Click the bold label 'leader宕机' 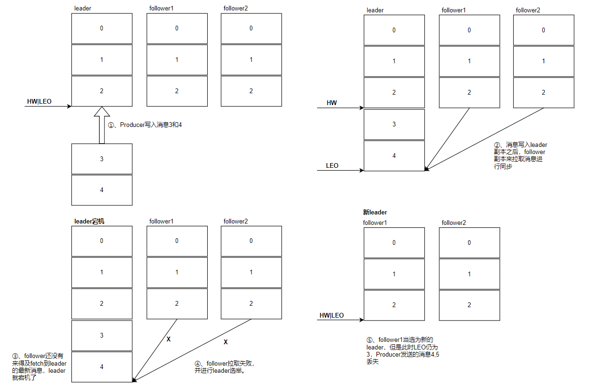tap(89, 221)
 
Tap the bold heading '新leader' tap(375, 213)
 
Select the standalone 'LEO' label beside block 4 tap(332, 165)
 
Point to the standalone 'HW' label tap(332, 103)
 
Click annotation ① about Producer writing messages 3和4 tap(145, 125)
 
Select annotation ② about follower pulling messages tap(520, 155)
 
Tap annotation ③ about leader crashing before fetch tap(39, 367)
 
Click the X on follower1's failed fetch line tap(169, 339)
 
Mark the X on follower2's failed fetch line tap(226, 342)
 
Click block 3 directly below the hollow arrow tap(102, 159)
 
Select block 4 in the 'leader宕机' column tap(102, 367)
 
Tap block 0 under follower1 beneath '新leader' tap(394, 243)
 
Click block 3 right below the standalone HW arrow tap(394, 125)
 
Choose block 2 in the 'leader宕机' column tap(102, 303)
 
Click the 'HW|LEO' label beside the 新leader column tap(331, 315)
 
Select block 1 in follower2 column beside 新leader tap(469, 274)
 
